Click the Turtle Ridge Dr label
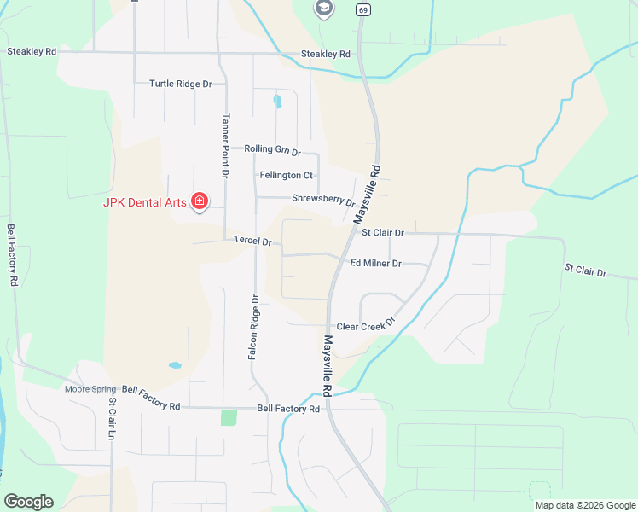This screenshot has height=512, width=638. click(180, 84)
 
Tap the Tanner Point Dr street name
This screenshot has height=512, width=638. click(226, 145)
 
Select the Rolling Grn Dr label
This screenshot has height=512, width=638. click(272, 150)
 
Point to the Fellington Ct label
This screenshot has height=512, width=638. click(286, 175)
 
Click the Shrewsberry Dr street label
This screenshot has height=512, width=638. click(322, 201)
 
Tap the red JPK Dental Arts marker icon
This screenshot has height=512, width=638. click(200, 202)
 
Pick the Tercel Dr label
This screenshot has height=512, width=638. click(252, 241)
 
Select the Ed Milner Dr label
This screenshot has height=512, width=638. click(375, 264)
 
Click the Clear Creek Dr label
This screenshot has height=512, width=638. click(367, 326)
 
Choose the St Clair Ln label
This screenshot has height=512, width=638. click(112, 418)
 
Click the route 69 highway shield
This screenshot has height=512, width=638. click(364, 10)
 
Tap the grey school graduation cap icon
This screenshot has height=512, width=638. click(323, 9)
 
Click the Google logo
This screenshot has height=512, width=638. click(28, 502)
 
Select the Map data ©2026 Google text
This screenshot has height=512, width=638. click(584, 505)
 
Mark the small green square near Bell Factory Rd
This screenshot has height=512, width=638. click(228, 417)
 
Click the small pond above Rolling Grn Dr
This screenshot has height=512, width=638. click(276, 102)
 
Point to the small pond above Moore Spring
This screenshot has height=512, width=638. click(175, 365)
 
